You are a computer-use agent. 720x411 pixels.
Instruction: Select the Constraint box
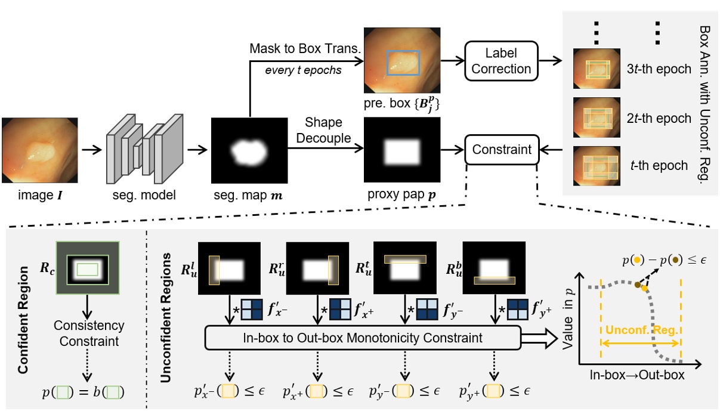[x=502, y=149]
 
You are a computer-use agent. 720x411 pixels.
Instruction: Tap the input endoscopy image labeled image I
[x=39, y=149]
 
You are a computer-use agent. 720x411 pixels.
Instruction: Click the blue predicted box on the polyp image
[x=403, y=61]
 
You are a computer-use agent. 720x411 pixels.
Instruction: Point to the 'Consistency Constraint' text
[x=88, y=334]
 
